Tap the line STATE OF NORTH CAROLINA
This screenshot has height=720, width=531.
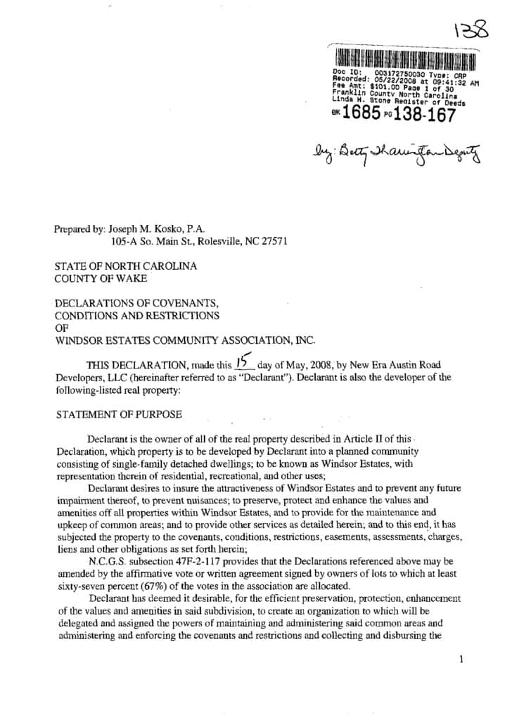(x=127, y=266)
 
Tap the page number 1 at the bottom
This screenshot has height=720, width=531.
(x=461, y=660)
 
